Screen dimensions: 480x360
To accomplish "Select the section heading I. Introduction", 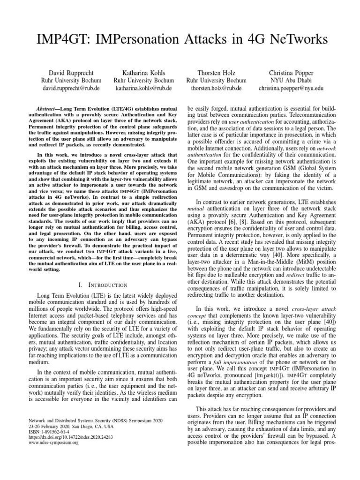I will point(101,285).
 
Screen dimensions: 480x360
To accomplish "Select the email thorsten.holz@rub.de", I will point(210,88).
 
